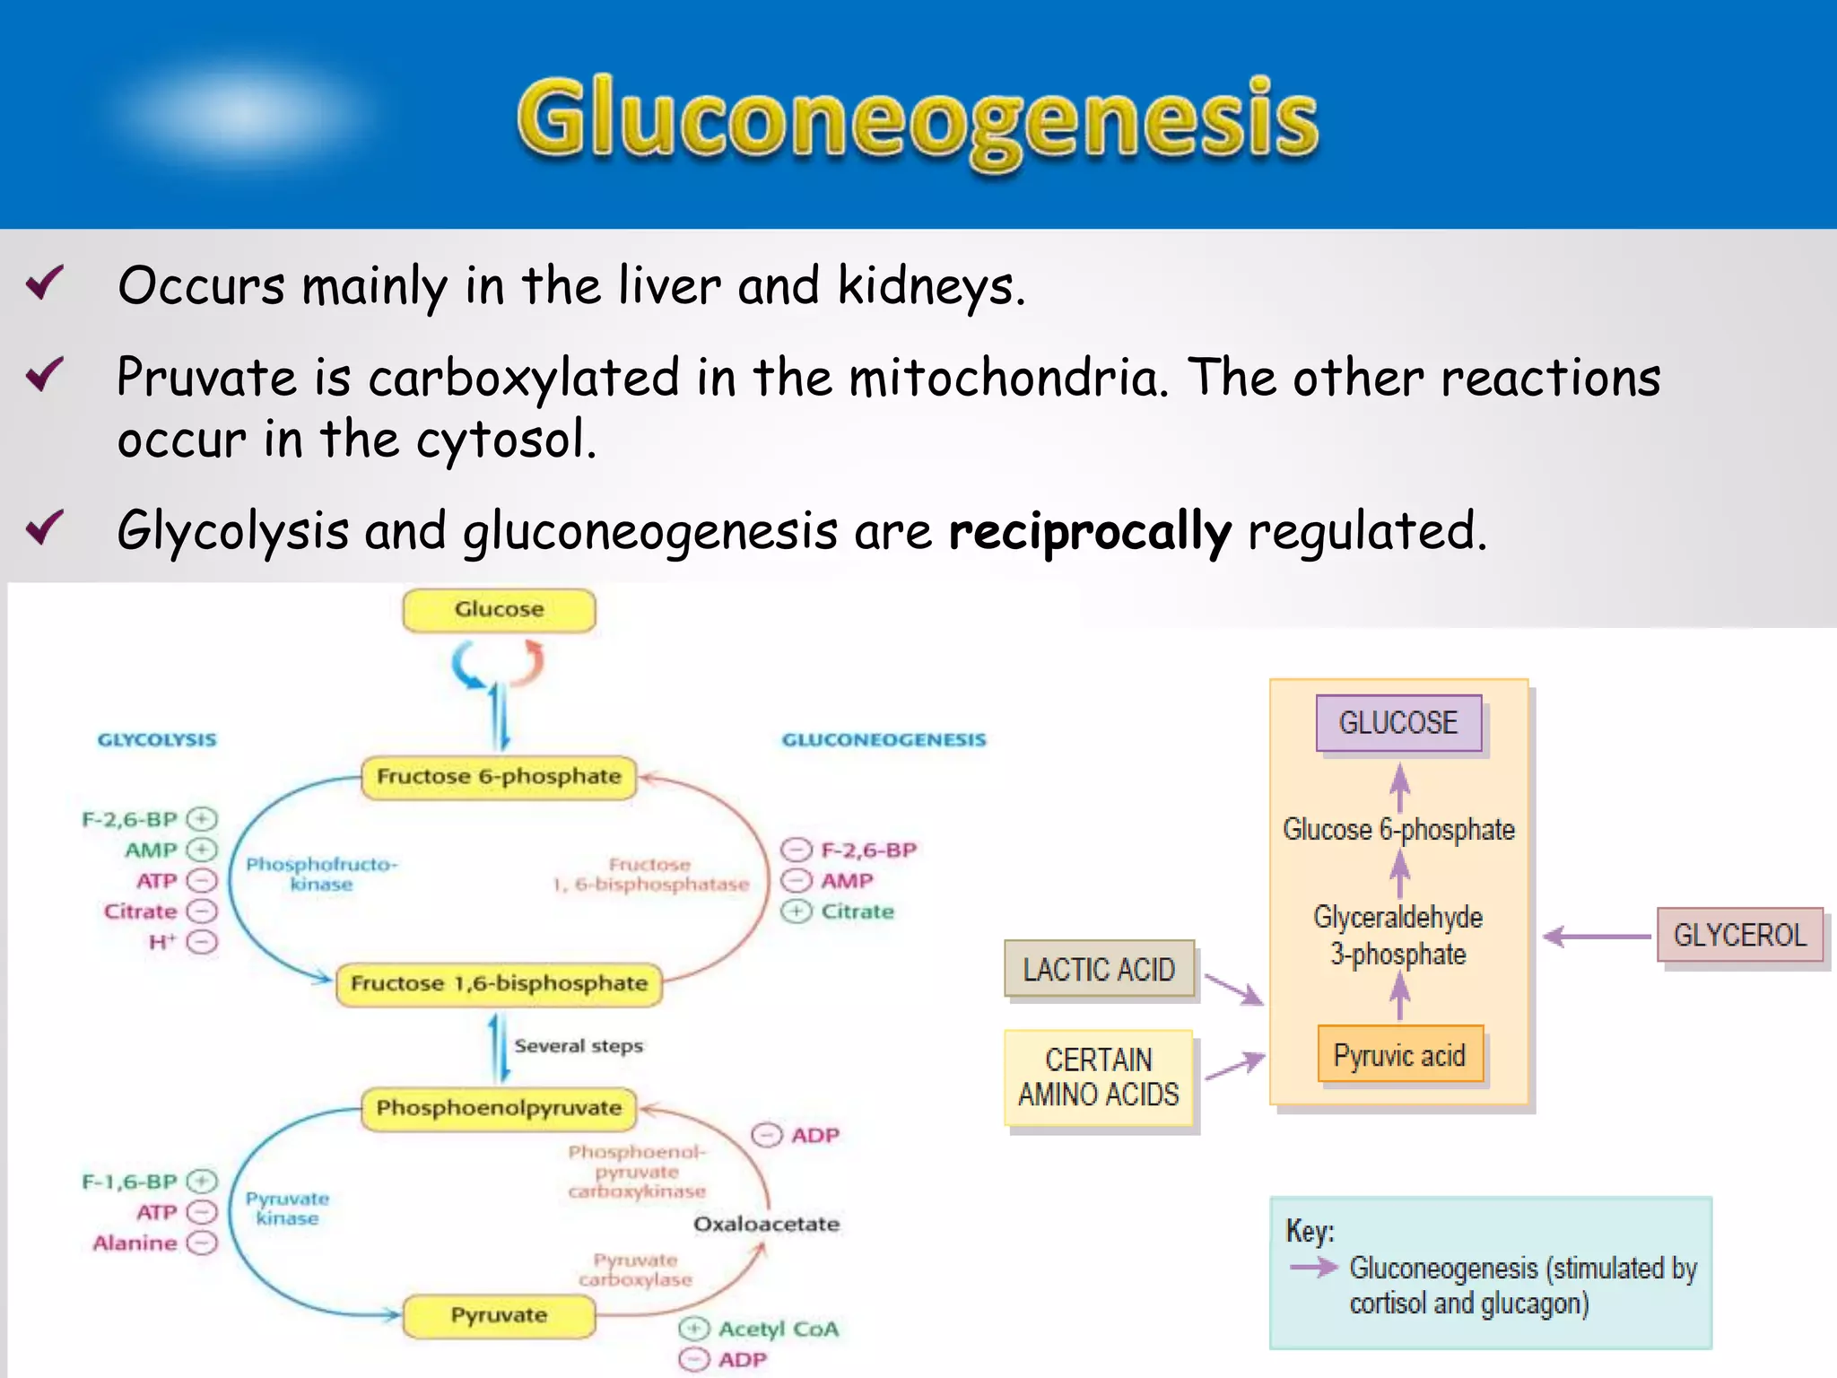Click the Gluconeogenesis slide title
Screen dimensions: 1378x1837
point(917,119)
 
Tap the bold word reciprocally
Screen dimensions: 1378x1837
point(1090,531)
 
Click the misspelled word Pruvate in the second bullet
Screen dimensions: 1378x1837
point(206,377)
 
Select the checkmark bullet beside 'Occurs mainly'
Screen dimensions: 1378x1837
point(45,283)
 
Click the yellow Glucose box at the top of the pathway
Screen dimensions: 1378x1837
point(499,610)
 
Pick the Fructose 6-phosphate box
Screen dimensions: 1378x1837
point(499,777)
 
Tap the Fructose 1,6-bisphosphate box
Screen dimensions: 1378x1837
point(499,984)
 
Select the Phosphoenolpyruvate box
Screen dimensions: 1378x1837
point(499,1109)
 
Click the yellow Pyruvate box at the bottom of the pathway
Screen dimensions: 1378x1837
point(499,1316)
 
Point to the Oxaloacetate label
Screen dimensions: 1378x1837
point(766,1225)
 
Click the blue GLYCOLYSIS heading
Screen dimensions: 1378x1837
point(157,740)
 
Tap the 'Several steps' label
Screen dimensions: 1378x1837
point(579,1046)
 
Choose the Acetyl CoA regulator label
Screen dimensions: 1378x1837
point(778,1330)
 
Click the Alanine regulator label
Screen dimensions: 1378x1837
point(135,1243)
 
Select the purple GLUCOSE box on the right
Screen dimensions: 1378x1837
point(1398,723)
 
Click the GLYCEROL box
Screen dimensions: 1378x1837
point(1739,936)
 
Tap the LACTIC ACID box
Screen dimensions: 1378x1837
point(1099,970)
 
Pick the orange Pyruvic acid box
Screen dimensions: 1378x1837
point(1399,1056)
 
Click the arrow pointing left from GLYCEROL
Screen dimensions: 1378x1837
point(1597,937)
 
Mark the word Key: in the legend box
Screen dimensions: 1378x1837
point(1310,1231)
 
